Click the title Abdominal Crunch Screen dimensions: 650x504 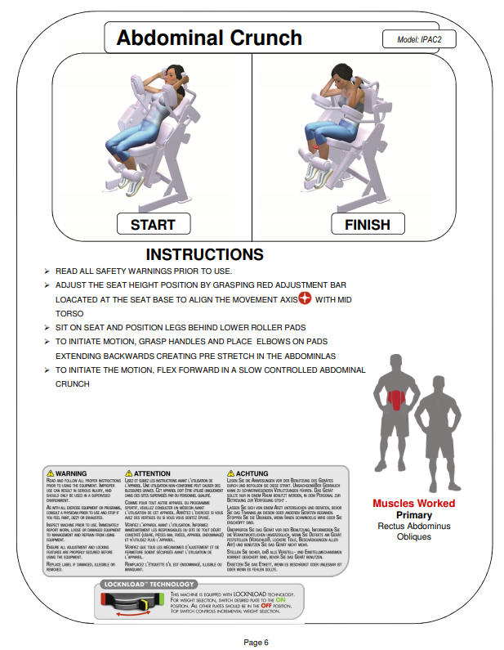[209, 38]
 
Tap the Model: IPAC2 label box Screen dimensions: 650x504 [419, 38]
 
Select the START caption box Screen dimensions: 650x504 [153, 224]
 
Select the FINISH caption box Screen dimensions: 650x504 [368, 224]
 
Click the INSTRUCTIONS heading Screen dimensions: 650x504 [204, 255]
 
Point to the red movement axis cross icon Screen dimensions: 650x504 [305, 298]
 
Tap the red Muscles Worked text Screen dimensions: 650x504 [414, 504]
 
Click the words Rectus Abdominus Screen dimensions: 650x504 [414, 526]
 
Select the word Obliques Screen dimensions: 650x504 [414, 536]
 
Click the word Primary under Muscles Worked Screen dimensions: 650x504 [414, 515]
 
